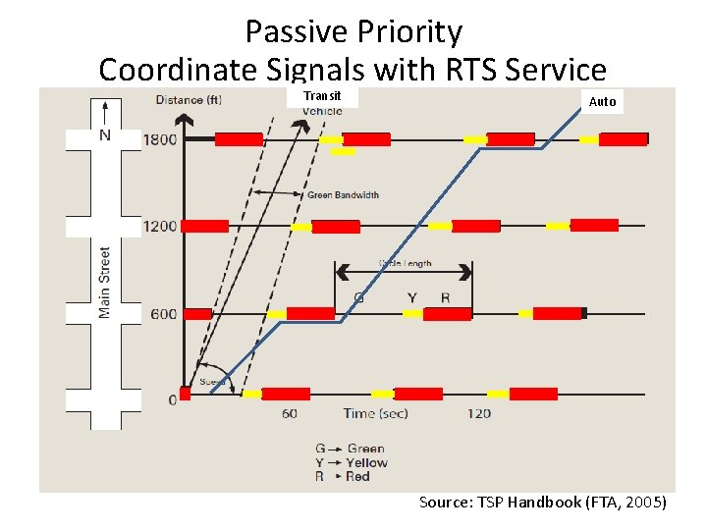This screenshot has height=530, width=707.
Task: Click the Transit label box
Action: tap(322, 96)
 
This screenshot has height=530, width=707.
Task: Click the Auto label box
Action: tap(602, 101)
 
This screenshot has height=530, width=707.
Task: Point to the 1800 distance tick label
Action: tap(160, 139)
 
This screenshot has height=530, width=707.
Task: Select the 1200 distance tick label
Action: tap(160, 226)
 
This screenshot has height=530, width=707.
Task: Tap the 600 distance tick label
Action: tap(164, 314)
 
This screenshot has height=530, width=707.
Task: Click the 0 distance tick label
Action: tap(173, 399)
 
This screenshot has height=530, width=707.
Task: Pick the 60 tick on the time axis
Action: tap(290, 413)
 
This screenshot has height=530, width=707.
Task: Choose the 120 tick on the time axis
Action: tap(478, 413)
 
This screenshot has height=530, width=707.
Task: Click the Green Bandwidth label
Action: tap(343, 195)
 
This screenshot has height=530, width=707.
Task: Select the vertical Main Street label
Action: tap(105, 282)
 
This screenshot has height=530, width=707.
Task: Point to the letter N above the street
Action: tap(105, 135)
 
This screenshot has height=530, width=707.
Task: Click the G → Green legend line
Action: tap(351, 449)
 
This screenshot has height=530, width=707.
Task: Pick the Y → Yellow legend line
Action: tap(352, 462)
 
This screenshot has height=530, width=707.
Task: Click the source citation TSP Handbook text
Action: tap(543, 503)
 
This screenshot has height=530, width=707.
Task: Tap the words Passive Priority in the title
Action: tap(353, 32)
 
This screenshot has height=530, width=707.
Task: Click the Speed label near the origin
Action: tap(212, 381)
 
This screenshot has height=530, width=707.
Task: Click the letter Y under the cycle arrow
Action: tap(411, 297)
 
